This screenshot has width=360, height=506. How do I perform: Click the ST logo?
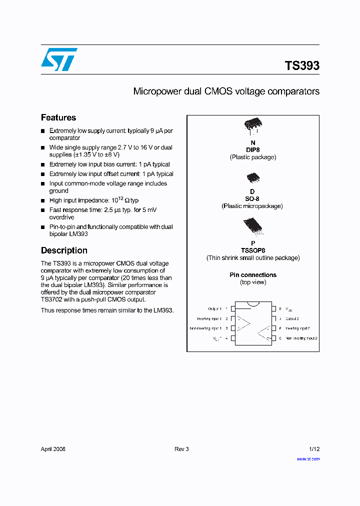(59, 59)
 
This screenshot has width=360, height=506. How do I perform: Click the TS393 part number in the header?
(302, 65)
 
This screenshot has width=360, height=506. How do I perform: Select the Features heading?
(58, 117)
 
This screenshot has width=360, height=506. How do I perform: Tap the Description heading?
(64, 250)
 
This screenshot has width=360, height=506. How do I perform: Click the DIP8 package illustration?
(253, 126)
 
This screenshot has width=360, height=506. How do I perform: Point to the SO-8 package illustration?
(252, 178)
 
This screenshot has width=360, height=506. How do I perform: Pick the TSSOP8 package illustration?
(252, 227)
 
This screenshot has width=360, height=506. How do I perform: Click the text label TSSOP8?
(252, 250)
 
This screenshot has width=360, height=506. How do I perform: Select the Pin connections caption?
(253, 275)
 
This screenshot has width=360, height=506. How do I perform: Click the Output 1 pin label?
(215, 309)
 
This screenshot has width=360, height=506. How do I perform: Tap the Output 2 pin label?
(292, 318)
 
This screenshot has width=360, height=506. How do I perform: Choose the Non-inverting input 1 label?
(205, 328)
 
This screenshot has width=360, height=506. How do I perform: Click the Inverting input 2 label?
(297, 328)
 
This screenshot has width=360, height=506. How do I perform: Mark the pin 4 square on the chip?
(232, 338)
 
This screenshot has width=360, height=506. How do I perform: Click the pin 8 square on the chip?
(273, 309)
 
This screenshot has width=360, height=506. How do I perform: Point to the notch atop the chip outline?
(253, 303)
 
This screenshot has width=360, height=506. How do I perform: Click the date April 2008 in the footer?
(53, 449)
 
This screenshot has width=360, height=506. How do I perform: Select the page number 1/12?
(314, 449)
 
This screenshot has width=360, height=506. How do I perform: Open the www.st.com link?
(308, 458)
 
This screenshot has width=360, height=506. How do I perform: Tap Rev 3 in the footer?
(181, 449)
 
